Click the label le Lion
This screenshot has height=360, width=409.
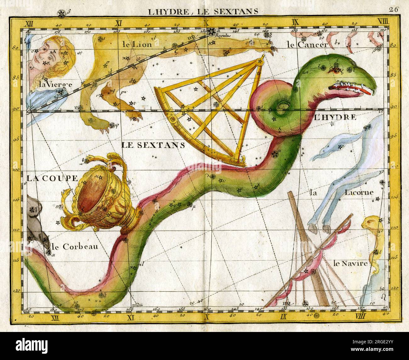pos(137,44)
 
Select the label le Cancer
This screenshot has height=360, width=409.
pos(307,45)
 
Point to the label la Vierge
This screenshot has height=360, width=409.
pos(56,84)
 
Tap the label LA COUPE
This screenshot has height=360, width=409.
pos(52,178)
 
